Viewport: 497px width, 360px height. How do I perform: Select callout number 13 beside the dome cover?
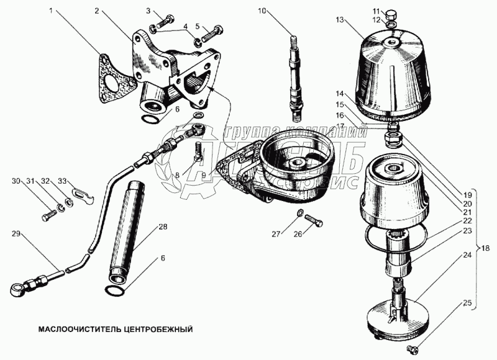pyautogui.click(x=339, y=20)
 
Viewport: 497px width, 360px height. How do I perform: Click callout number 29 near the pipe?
pyautogui.click(x=16, y=233)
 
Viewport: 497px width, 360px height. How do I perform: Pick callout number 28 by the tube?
pyautogui.click(x=163, y=227)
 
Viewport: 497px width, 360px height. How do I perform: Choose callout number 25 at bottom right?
pyautogui.click(x=466, y=304)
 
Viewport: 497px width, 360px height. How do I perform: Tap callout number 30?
pyautogui.click(x=15, y=181)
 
